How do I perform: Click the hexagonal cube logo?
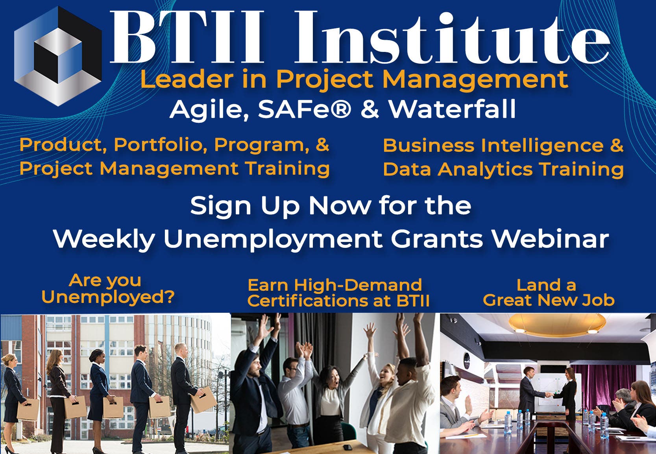click(x=58, y=55)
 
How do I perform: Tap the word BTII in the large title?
click(x=187, y=37)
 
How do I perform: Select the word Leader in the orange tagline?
click(x=187, y=79)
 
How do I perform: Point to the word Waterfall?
click(x=452, y=109)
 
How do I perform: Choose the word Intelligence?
click(x=542, y=146)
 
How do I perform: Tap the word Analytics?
click(x=485, y=170)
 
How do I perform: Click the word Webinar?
click(x=550, y=239)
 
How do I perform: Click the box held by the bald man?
click(x=203, y=399)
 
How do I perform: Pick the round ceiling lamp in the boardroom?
click(x=557, y=324)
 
